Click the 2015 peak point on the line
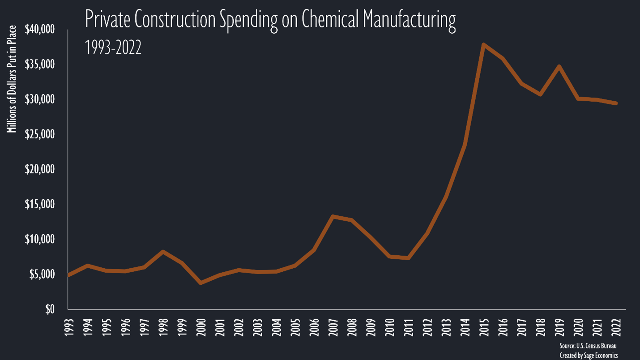pos(483,44)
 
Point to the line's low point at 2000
pos(201,283)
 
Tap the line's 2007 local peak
pos(333,216)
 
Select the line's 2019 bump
pos(559,66)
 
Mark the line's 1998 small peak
pos(163,252)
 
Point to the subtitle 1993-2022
pos(113,47)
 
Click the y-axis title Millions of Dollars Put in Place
pos(12,79)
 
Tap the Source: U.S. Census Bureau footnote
pos(588,346)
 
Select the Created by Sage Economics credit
pos(588,355)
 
